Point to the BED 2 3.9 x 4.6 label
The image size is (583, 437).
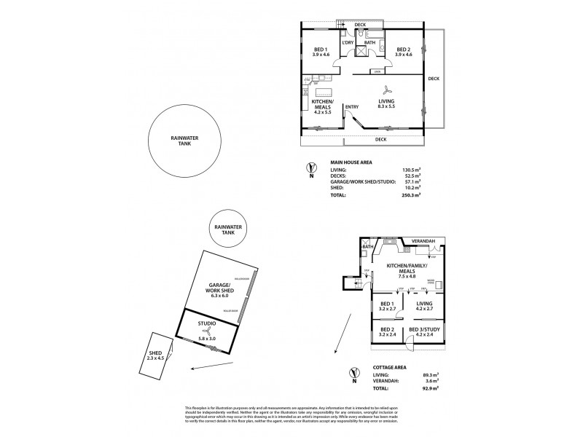pos(399,51)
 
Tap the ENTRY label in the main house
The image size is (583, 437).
pos(352,109)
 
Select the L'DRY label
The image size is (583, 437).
pos(348,43)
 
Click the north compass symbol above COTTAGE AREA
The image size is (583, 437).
pos(353,374)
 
